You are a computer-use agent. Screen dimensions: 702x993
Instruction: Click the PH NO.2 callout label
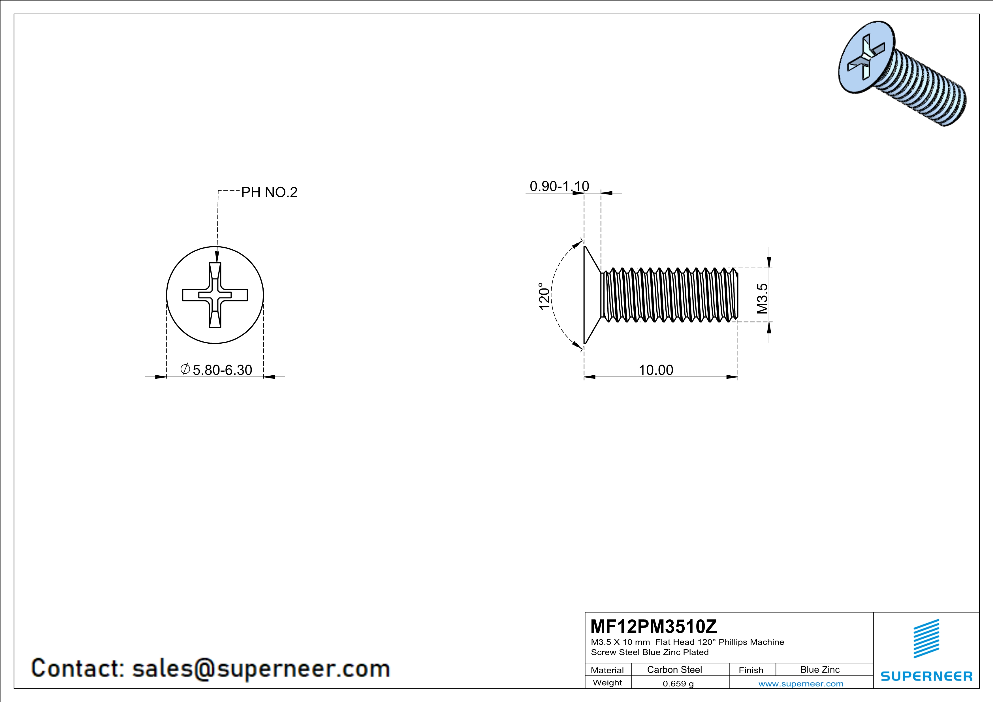point(269,192)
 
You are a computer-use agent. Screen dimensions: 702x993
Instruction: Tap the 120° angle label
point(544,296)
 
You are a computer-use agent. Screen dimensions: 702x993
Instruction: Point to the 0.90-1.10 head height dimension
point(559,186)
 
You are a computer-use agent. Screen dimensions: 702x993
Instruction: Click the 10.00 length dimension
point(656,370)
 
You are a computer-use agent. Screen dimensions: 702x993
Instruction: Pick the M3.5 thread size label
point(762,298)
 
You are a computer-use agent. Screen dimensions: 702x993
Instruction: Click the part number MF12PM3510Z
point(653,626)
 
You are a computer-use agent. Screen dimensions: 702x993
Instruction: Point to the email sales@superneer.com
point(261,668)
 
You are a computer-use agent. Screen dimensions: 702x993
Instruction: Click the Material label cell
point(607,670)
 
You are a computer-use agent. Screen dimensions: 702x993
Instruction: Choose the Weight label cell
point(607,682)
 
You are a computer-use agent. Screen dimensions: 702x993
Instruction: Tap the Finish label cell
point(751,670)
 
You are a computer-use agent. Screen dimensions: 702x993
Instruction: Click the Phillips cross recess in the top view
point(215,295)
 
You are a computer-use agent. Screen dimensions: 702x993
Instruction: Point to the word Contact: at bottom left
point(78,668)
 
